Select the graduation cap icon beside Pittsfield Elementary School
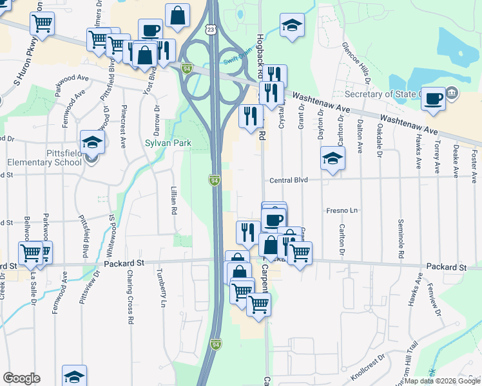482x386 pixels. [x=92, y=143]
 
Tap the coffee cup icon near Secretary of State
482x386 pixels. [x=434, y=99]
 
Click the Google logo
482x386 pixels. [x=21, y=378]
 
